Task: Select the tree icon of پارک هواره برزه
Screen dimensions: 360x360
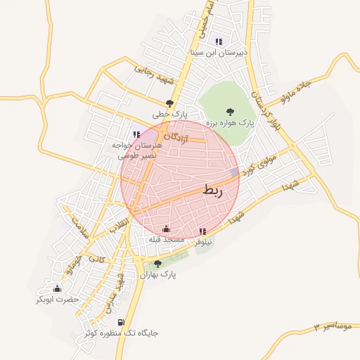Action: point(229,111)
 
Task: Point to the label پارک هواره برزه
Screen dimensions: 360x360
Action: point(229,123)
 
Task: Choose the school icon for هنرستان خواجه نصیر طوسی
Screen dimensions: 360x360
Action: point(136,134)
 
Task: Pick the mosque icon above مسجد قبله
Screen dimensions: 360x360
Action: point(166,229)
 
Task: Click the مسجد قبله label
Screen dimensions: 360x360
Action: point(165,240)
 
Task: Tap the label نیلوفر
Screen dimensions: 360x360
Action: point(204,242)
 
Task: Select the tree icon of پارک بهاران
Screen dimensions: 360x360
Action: point(157,264)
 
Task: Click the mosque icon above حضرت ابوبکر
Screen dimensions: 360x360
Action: point(57,288)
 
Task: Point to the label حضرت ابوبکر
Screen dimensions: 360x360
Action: point(59,300)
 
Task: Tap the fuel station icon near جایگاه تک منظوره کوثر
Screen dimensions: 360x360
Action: point(121,322)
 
